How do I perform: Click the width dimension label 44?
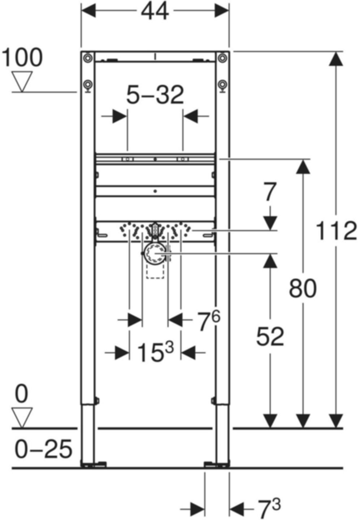tap(155, 12)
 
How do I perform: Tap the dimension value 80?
tap(303, 288)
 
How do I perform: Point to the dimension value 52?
tap(270, 337)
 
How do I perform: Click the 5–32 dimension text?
tap(155, 95)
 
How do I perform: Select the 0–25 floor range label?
tap(43, 449)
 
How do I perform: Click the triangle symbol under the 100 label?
tap(22, 81)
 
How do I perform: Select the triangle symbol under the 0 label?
tap(22, 417)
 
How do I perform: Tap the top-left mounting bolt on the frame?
tap(87, 58)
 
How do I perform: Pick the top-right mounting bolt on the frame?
tap(223, 58)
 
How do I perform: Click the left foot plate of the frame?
tap(93, 464)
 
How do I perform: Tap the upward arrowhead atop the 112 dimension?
tap(336, 59)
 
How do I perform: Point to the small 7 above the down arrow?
tap(269, 192)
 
